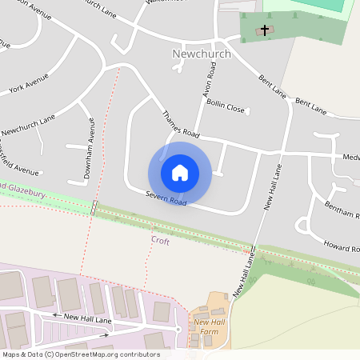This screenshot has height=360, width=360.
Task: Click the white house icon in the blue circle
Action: pyautogui.click(x=179, y=173)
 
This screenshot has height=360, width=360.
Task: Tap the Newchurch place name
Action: pyautogui.click(x=201, y=54)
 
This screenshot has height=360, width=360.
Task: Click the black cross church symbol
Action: pyautogui.click(x=265, y=30)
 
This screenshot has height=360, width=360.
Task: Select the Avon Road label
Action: pyautogui.click(x=209, y=82)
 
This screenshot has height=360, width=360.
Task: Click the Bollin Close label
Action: pyautogui.click(x=225, y=106)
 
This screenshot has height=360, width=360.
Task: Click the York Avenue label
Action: pyautogui.click(x=29, y=85)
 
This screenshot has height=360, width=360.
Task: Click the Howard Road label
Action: pyautogui.click(x=342, y=243)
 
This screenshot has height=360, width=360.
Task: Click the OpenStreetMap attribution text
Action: pyautogui.click(x=81, y=354)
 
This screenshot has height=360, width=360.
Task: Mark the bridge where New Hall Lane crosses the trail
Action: pyautogui.click(x=253, y=250)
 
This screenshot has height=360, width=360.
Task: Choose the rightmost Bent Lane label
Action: pyautogui.click(x=311, y=105)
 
